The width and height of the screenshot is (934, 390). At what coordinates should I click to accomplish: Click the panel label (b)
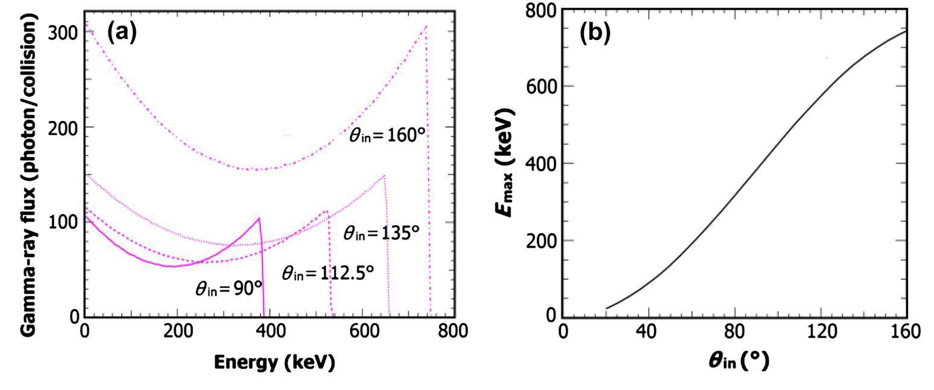pyautogui.click(x=595, y=34)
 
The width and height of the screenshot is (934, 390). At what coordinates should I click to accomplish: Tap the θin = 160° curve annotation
pyautogui.click(x=388, y=135)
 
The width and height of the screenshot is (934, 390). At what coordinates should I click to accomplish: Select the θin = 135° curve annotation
pyautogui.click(x=381, y=232)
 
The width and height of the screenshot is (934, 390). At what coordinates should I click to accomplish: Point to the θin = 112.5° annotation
pyautogui.click(x=328, y=273)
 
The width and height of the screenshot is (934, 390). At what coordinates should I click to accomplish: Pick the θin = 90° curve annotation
pyautogui.click(x=229, y=288)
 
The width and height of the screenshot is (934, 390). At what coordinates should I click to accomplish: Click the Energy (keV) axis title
pyautogui.click(x=274, y=362)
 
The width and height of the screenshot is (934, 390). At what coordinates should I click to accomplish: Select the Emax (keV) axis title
pyautogui.click(x=507, y=163)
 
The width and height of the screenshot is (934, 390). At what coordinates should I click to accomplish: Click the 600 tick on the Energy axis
pyautogui.click(x=362, y=331)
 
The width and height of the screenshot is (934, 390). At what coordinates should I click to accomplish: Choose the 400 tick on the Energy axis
pyautogui.click(x=269, y=331)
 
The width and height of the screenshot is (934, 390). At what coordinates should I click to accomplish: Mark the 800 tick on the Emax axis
pyautogui.click(x=539, y=10)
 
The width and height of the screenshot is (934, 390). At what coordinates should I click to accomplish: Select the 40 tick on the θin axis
pyautogui.click(x=649, y=331)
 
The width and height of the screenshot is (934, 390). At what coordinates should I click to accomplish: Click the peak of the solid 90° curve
pyautogui.click(x=259, y=218)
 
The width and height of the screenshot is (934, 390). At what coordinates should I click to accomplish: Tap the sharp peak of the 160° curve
pyautogui.click(x=426, y=26)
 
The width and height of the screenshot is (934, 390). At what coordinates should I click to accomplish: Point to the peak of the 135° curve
pyautogui.click(x=384, y=176)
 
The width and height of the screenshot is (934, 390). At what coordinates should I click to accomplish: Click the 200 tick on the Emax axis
pyautogui.click(x=539, y=240)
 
